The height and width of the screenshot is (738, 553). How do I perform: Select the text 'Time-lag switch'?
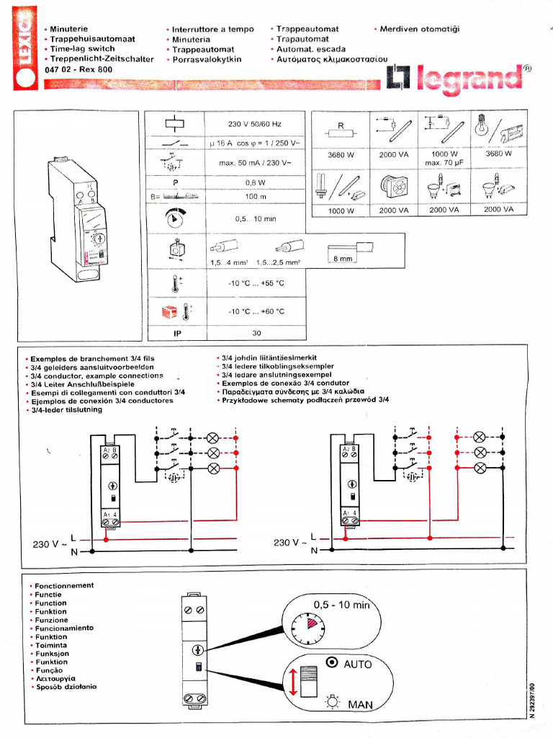82,49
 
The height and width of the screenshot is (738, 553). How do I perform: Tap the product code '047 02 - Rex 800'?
78,69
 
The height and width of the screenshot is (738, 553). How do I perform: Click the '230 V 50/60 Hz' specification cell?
255,124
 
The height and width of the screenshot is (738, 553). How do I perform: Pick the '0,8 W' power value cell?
255,182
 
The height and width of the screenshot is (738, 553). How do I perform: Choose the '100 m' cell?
255,196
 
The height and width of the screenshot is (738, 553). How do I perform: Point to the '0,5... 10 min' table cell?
255,218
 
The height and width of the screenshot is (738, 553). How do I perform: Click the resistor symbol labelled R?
341,131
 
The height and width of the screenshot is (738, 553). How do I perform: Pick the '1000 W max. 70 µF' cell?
444,158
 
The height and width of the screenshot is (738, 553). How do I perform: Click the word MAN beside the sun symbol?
360,703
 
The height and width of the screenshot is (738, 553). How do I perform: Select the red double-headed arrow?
294,681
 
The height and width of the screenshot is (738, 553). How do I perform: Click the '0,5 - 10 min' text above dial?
341,605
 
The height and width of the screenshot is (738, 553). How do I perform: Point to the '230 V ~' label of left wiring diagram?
50,543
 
